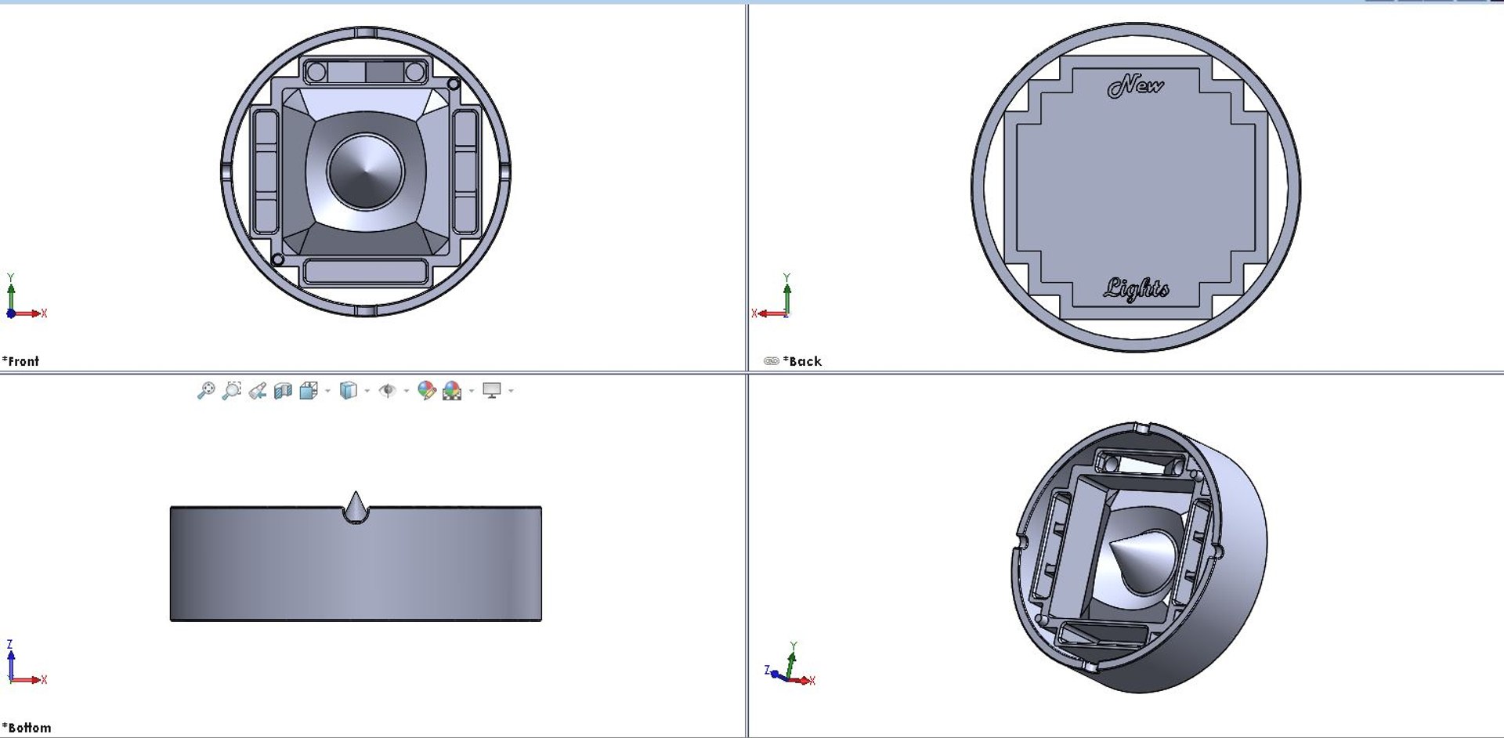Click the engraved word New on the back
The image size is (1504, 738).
click(x=1135, y=85)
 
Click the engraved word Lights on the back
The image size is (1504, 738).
click(x=1136, y=289)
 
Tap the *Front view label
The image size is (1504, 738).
click(x=20, y=361)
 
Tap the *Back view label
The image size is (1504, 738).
click(x=804, y=361)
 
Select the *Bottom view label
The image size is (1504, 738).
click(x=27, y=728)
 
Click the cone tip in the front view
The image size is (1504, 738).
click(x=365, y=172)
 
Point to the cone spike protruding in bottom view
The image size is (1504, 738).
click(x=356, y=506)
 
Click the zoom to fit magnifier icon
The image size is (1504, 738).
click(x=206, y=390)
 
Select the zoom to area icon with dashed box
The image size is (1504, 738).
click(x=232, y=390)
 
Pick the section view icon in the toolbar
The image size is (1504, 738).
click(x=283, y=390)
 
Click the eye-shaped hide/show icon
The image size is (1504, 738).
click(x=387, y=390)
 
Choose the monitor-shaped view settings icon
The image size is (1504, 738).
click(x=492, y=390)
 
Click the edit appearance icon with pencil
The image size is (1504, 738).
click(x=426, y=390)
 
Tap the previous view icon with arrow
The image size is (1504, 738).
click(x=257, y=390)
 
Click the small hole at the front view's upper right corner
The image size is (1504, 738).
click(x=454, y=84)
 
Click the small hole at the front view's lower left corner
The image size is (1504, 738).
click(x=277, y=259)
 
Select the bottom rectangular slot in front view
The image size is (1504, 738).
click(x=365, y=272)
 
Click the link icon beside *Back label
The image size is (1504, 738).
click(x=771, y=361)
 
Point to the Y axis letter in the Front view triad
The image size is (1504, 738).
click(x=11, y=277)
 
